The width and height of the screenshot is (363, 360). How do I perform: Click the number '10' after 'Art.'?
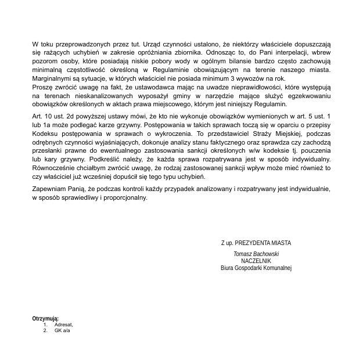[x=49, y=117]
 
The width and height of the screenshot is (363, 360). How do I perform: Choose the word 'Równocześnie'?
[x=55, y=168]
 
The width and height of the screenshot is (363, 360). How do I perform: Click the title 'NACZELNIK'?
[x=256, y=261]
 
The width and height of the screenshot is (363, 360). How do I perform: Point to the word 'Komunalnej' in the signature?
[x=277, y=268]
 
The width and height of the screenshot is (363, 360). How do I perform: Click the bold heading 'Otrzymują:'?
[x=46, y=318]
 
